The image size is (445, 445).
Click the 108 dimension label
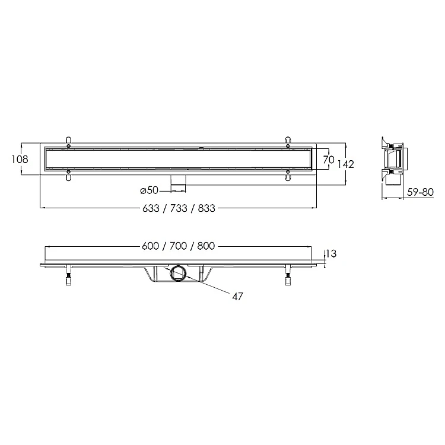[x=20, y=159]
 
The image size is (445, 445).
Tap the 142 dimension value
[x=346, y=164]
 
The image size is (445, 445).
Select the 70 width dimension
[x=329, y=160]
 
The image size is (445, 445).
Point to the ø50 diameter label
[x=150, y=190]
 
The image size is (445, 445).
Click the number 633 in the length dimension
[x=151, y=208]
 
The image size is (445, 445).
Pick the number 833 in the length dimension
[x=206, y=208]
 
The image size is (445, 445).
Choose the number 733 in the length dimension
[x=179, y=208]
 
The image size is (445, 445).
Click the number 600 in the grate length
[x=151, y=246]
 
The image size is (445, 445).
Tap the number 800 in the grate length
[x=206, y=246]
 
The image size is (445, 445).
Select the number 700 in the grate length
[x=178, y=246]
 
